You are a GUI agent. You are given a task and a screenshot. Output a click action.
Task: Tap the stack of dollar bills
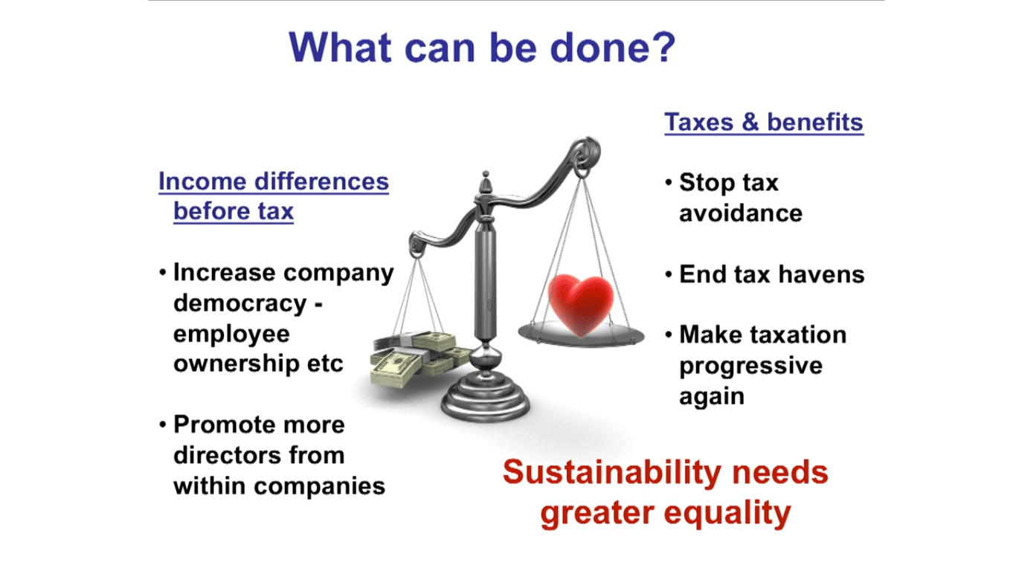point(419,359)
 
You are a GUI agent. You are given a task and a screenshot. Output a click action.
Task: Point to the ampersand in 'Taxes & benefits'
point(750,122)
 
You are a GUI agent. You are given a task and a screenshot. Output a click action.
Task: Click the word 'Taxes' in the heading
point(699,122)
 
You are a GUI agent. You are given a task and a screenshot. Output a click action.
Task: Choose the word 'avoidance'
point(741,213)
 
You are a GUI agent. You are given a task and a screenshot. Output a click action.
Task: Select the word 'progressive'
point(750,367)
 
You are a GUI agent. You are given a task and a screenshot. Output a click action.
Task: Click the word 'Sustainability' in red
point(612,471)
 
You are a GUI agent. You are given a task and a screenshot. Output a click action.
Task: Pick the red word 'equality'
point(727,513)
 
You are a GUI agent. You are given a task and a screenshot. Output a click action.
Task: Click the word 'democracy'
point(240,303)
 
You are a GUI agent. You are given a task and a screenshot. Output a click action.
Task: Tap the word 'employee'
point(231,335)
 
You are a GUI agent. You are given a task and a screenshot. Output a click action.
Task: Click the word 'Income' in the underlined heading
point(202,181)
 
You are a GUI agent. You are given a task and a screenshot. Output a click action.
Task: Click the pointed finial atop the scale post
point(486,182)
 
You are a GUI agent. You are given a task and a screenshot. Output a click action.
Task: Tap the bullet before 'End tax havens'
point(668,274)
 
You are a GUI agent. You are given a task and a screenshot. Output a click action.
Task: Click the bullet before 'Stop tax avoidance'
point(668,182)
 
